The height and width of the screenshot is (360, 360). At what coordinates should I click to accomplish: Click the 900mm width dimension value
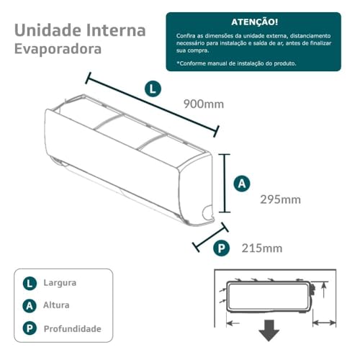[204, 104]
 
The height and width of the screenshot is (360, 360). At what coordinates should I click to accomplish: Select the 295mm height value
[280, 199]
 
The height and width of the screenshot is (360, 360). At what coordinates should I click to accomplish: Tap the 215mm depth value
[262, 248]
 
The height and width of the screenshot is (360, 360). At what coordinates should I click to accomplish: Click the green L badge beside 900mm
[153, 89]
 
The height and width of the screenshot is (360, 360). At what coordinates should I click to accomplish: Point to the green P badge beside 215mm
[222, 249]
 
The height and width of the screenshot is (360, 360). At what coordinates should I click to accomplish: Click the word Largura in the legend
[59, 283]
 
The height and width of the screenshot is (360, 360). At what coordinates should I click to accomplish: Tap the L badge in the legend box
[28, 283]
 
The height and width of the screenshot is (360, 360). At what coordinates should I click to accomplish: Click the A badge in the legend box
[28, 306]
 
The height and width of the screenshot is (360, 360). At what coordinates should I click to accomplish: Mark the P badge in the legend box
[28, 329]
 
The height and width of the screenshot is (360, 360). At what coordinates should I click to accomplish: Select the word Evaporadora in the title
[57, 49]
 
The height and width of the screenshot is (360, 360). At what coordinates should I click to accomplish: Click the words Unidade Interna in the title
[79, 30]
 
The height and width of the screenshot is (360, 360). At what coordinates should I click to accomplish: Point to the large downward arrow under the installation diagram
[270, 332]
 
